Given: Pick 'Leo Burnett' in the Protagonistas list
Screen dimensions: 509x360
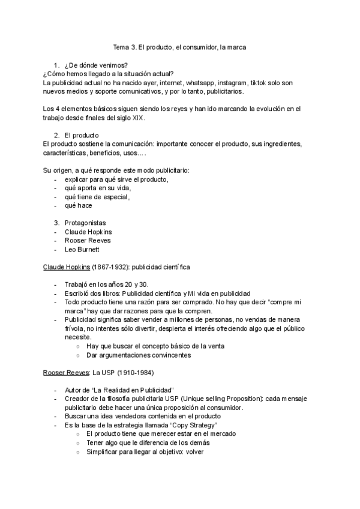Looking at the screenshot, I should coord(82,249).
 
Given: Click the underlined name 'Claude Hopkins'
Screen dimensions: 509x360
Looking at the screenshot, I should coord(66,267).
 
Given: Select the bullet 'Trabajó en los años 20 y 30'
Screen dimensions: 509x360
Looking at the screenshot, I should coord(104,285).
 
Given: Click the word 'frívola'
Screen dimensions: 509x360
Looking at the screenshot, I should coord(77,329).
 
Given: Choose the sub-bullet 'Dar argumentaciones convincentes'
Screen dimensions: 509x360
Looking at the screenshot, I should coord(139,355).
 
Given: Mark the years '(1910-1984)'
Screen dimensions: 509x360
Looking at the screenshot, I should coord(136,373).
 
